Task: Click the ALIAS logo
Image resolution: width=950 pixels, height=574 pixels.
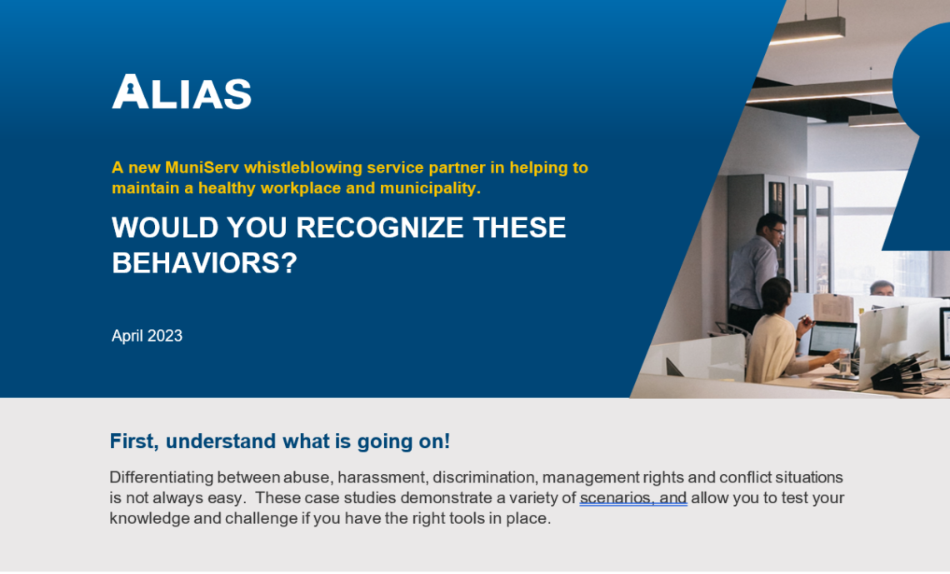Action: (x=182, y=92)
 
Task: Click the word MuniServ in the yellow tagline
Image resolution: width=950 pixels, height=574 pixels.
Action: (x=202, y=167)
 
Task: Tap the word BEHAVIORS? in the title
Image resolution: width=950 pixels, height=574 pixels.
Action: (x=205, y=263)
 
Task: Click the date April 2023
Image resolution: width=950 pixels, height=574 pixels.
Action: (x=147, y=336)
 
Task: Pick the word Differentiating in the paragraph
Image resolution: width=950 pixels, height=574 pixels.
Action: (x=161, y=477)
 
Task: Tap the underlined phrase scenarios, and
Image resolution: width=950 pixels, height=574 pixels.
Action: (x=633, y=498)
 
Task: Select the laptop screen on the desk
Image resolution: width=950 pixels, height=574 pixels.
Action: (x=832, y=338)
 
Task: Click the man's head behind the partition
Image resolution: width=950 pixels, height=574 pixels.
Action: (x=882, y=288)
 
